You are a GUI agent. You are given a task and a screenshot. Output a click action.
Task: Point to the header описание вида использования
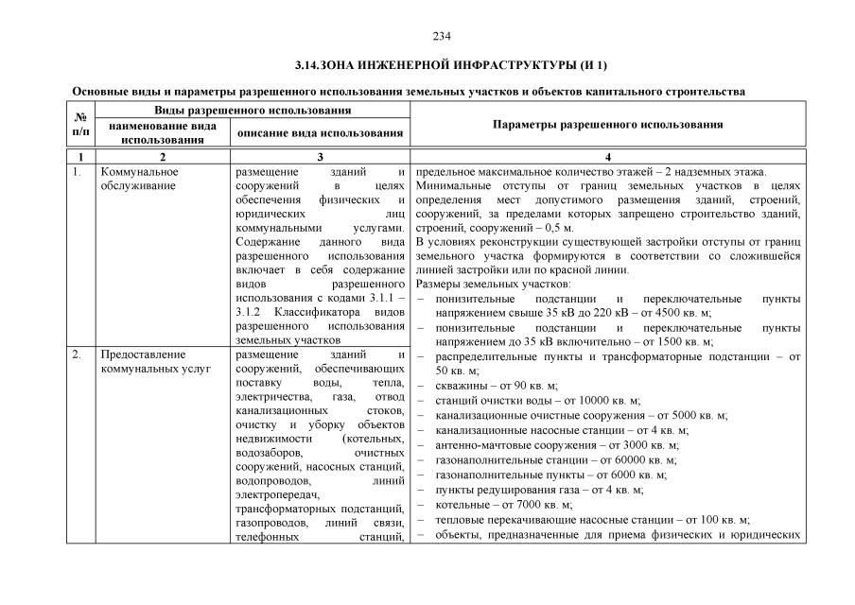[321, 133]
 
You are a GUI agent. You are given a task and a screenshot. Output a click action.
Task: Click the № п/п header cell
[80, 125]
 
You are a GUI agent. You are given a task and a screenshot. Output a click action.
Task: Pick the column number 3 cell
[321, 156]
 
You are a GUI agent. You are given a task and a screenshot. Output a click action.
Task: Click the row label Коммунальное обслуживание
[139, 179]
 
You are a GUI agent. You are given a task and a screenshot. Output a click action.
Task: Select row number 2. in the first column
[78, 354]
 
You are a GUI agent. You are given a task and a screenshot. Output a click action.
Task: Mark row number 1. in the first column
[78, 172]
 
